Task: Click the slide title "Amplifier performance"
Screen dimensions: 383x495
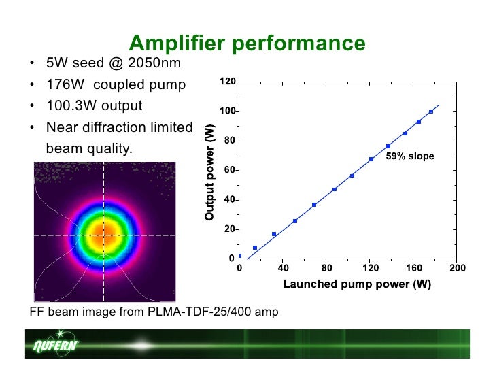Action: (247, 44)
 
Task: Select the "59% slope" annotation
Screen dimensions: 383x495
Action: (410, 156)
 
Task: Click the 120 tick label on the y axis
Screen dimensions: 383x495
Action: (228, 82)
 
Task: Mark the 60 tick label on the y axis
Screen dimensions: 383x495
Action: (230, 170)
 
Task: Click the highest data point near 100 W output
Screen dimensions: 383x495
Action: (431, 112)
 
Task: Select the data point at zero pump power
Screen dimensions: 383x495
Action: (239, 256)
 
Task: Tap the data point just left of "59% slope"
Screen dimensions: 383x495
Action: (388, 146)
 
